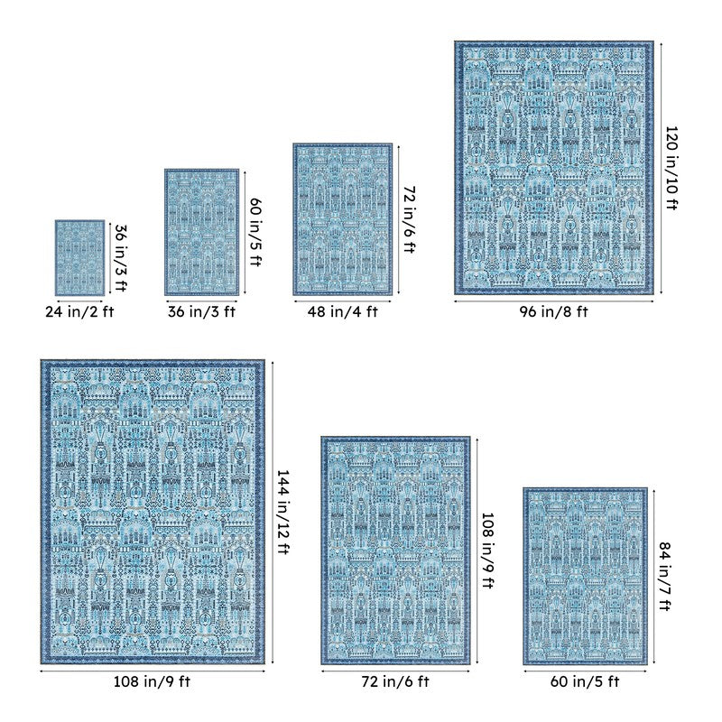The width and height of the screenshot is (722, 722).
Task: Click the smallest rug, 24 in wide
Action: click(x=79, y=258)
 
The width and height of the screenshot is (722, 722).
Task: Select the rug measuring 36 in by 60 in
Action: click(x=201, y=232)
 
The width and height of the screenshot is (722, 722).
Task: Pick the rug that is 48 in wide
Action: click(x=343, y=219)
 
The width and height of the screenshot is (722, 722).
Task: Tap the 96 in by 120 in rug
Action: click(x=554, y=168)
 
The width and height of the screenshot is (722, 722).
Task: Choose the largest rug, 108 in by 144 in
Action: click(x=153, y=512)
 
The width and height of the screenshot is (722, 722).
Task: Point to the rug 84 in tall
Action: click(x=585, y=576)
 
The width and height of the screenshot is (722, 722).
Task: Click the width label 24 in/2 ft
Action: click(x=79, y=311)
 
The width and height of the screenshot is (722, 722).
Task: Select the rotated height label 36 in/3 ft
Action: click(x=120, y=258)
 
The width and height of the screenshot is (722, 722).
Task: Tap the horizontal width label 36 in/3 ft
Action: click(x=201, y=311)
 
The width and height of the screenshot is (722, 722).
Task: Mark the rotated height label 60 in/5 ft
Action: click(x=255, y=232)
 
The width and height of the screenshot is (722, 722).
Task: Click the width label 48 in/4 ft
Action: click(x=343, y=311)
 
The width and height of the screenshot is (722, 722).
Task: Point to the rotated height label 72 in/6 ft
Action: click(x=410, y=219)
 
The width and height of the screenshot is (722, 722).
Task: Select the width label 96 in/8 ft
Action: click(x=553, y=311)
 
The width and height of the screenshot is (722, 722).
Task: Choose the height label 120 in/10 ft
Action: click(x=671, y=168)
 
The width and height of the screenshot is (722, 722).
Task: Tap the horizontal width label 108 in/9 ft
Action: click(x=152, y=681)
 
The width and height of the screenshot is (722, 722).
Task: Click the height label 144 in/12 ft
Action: click(x=282, y=512)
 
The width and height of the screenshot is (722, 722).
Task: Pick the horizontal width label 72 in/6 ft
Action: click(x=395, y=681)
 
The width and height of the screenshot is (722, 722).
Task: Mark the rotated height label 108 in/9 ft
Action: click(x=487, y=551)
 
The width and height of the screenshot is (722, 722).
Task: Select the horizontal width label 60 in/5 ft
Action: click(x=585, y=681)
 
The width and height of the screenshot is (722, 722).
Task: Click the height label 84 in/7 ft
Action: click(x=664, y=576)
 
